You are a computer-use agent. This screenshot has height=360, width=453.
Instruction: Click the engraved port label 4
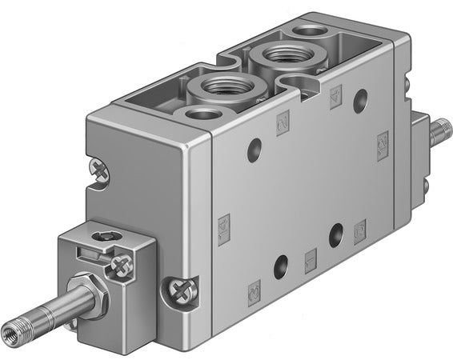(282, 121)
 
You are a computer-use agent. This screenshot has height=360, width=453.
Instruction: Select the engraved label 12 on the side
(382, 145)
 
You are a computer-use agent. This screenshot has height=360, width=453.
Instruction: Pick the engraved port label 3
(359, 227)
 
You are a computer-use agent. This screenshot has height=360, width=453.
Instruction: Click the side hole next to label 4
(254, 147)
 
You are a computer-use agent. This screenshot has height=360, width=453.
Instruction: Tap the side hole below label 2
(360, 100)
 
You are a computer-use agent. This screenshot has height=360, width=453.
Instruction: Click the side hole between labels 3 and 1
(335, 234)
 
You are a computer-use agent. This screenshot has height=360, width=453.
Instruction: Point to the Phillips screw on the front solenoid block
(121, 264)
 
